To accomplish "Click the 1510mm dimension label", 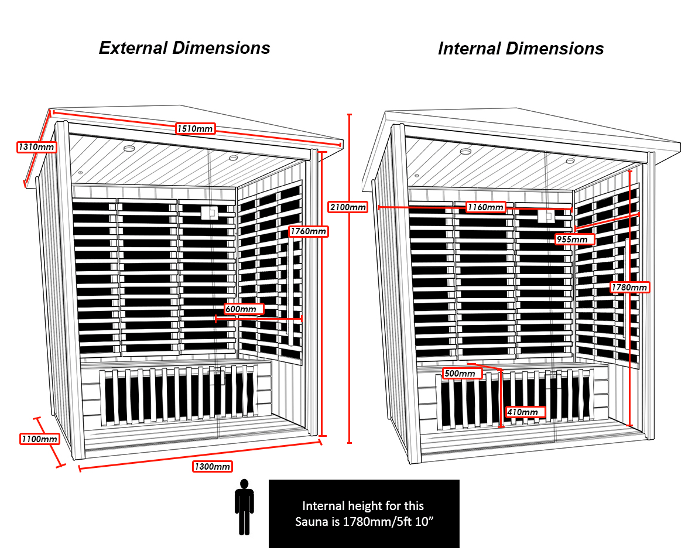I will coord(194,128).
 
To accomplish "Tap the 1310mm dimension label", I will coord(36,147).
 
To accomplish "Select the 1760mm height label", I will coord(309,231).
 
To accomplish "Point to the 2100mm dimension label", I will coord(348,207).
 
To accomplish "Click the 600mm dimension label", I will coord(244,309).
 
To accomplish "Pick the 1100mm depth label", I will coord(39,439).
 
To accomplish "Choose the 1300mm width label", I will coord(212,466).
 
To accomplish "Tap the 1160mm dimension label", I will coord(485,207).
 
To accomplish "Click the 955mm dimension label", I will coord(575,239).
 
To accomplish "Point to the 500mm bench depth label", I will coord(460,373).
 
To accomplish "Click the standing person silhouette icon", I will coord(244,507).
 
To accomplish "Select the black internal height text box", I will coord(364,514).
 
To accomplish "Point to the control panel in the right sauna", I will coord(545,216).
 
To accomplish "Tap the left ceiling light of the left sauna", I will coord(129,148).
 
